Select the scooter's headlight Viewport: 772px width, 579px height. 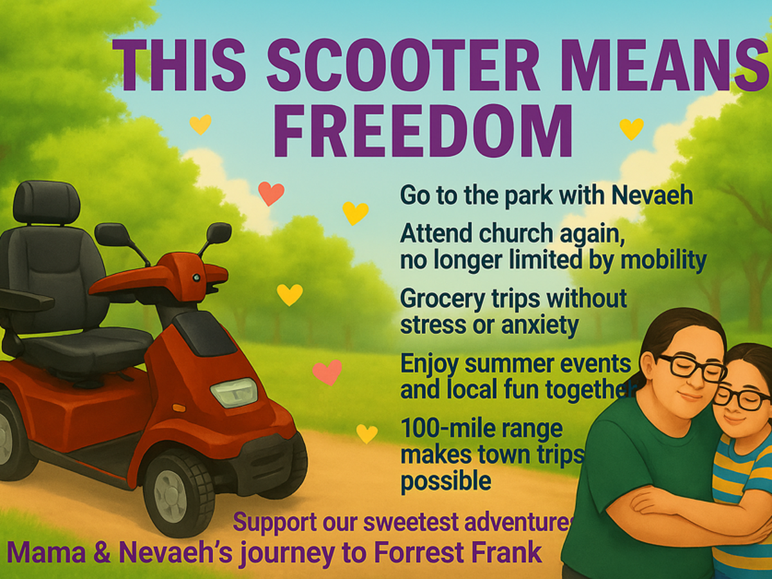(x=234, y=392)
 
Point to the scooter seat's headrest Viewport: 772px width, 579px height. (x=46, y=203)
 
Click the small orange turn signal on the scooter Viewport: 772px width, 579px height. (x=179, y=408)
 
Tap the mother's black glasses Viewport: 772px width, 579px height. (x=691, y=369)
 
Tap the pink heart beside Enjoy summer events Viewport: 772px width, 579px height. (x=327, y=372)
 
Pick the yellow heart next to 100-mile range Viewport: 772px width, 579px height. (x=367, y=434)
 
